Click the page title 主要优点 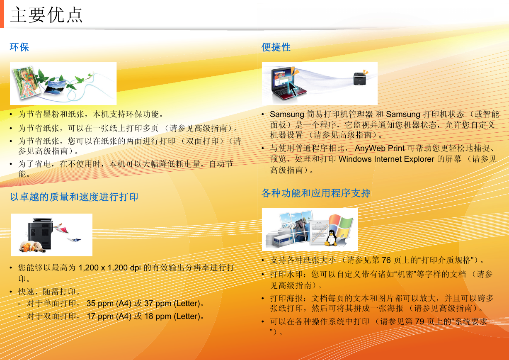46,15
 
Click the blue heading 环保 19,47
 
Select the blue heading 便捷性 276,47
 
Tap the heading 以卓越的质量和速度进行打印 74,197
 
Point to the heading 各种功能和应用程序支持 316,193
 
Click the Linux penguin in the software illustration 332,238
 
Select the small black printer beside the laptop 360,78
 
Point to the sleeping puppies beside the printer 32,246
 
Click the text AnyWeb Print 380,148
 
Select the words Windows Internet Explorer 387,159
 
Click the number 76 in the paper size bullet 386,260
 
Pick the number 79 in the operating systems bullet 420,321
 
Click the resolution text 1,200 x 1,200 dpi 110,268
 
